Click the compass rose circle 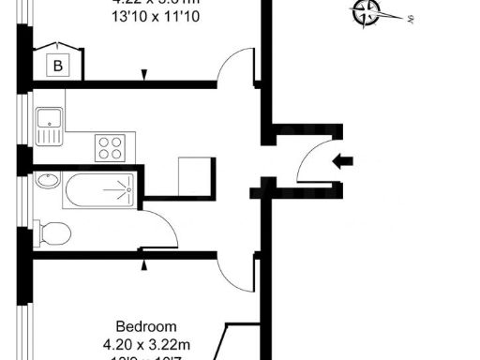[x=366, y=13]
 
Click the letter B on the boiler [x=59, y=66]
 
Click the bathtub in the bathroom [x=99, y=191]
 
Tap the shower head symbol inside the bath [x=119, y=191]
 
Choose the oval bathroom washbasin [x=47, y=181]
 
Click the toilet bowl [x=53, y=232]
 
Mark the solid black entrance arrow [x=344, y=161]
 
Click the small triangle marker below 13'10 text [x=143, y=74]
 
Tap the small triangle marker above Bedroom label [x=143, y=264]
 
